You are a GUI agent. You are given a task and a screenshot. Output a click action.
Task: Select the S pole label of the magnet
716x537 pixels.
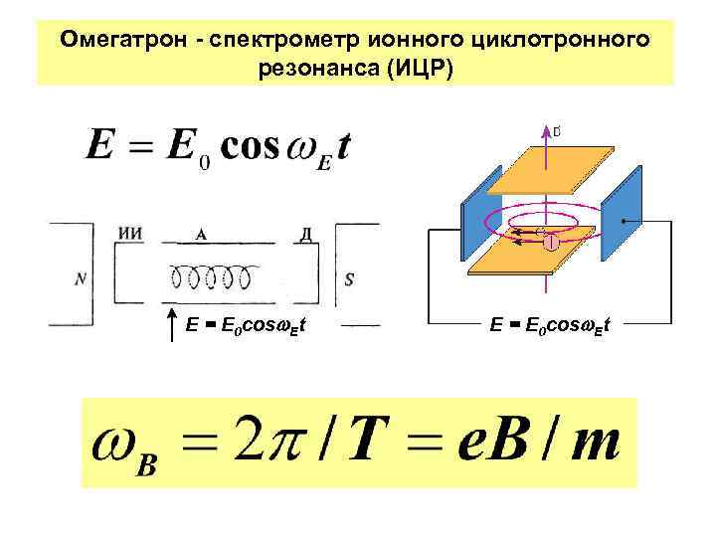coord(349,279)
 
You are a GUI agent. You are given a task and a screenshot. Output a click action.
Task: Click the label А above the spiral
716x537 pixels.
coord(201,235)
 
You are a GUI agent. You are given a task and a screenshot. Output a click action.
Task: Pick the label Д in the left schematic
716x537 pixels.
coord(307,235)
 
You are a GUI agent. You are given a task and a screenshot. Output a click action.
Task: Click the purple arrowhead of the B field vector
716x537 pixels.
coord(544,130)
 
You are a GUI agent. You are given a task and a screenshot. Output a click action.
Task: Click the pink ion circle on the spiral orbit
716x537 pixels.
coord(549,238)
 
